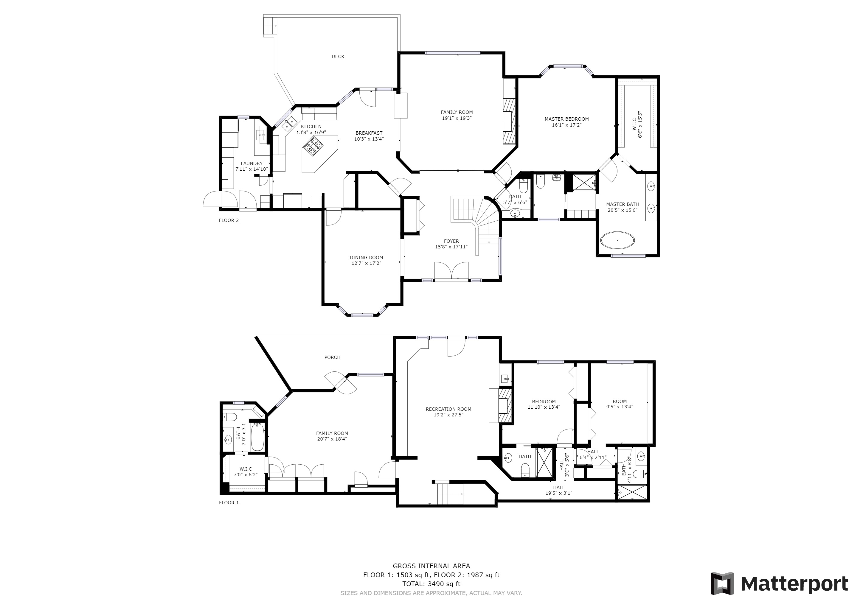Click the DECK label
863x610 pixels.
(338, 57)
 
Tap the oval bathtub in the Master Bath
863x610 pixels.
(617, 240)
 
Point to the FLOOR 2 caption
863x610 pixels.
(229, 220)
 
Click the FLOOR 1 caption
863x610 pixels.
(229, 502)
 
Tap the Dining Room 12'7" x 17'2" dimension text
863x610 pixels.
(366, 263)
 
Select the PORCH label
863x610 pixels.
(332, 357)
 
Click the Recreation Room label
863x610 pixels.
(448, 409)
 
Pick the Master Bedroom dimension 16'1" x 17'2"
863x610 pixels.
(566, 125)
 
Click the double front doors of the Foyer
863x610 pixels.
(451, 270)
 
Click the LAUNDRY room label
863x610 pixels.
(252, 164)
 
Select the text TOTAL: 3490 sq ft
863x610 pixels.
(431, 584)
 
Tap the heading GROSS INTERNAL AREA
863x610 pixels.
(431, 566)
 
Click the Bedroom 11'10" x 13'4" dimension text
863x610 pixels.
(544, 407)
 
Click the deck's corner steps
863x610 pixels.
(269, 26)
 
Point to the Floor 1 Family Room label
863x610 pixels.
(332, 433)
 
